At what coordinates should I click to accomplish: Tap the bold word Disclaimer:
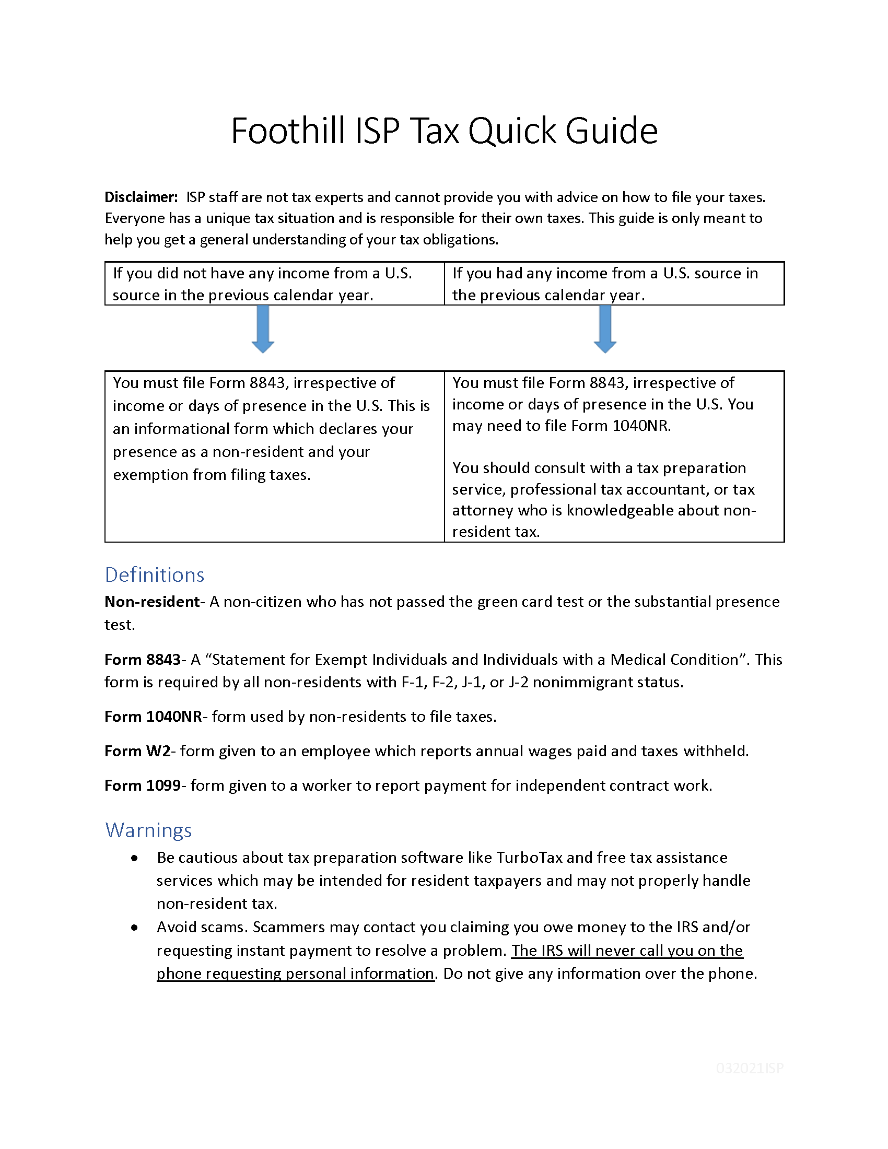(x=141, y=197)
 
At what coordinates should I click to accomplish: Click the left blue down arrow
(x=263, y=329)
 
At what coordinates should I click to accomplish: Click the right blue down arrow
(x=604, y=329)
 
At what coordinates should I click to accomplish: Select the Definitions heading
(x=154, y=574)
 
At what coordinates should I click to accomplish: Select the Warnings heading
(x=148, y=830)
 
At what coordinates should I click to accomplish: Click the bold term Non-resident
(x=151, y=601)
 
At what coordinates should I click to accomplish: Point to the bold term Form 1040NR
(x=153, y=717)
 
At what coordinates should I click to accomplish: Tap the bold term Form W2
(x=137, y=751)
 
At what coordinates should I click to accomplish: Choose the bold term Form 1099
(x=143, y=785)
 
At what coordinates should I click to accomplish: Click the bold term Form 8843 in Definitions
(x=143, y=659)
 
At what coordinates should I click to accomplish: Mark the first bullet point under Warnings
(x=135, y=858)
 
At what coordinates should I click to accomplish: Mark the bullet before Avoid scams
(x=135, y=928)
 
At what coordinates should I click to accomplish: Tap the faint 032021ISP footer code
(x=749, y=1068)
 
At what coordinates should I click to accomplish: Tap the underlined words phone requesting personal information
(x=295, y=974)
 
